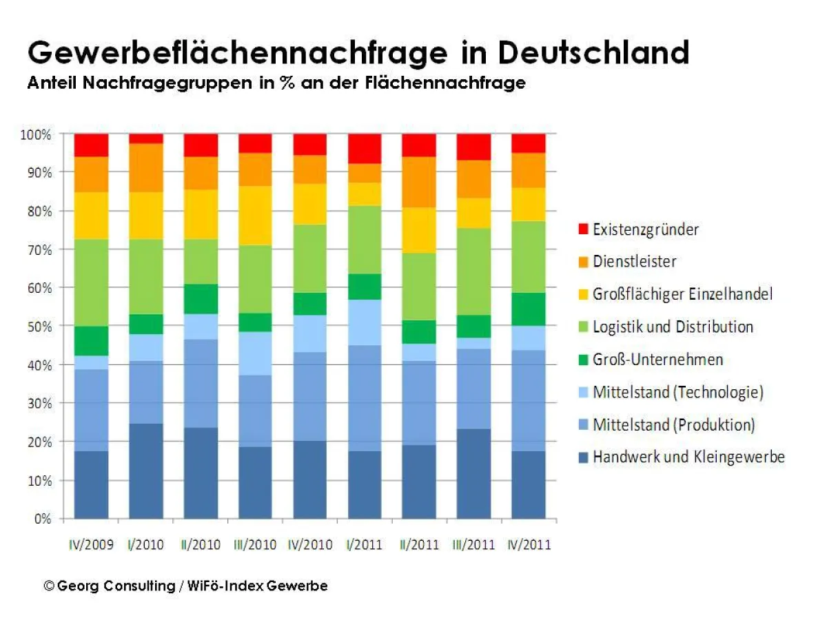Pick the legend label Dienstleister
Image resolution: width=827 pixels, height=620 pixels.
coord(634,262)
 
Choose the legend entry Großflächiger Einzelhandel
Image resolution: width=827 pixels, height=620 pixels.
coord(682,294)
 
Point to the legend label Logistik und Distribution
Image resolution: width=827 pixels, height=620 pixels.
coord(673,327)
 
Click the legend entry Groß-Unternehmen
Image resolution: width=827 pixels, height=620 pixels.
coord(657,359)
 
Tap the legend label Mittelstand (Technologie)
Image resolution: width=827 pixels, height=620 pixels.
coord(678,392)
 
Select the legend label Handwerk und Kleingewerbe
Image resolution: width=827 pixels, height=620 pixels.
coord(688,457)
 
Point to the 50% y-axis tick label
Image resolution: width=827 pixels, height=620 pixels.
coord(38,327)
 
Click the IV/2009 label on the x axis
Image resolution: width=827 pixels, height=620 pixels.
coord(92,545)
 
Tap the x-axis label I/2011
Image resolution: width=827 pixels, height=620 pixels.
coord(365,545)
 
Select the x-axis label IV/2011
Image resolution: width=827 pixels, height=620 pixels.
coord(529,545)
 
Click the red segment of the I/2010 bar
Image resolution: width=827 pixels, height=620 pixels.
coord(146,138)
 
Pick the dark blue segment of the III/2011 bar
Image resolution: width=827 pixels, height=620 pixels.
coord(473,473)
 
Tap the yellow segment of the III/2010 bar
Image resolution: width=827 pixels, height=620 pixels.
coord(256,215)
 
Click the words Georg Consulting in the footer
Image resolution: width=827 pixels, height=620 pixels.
coord(116,586)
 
